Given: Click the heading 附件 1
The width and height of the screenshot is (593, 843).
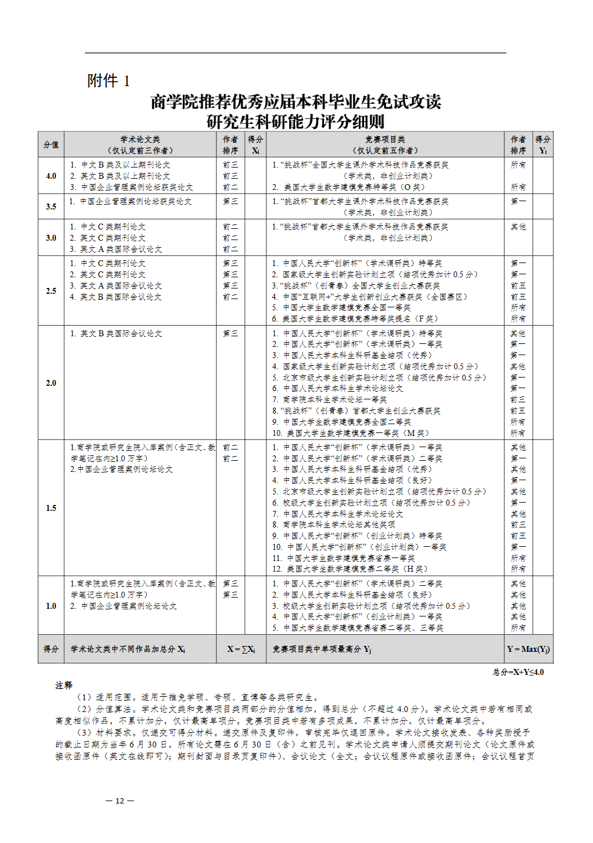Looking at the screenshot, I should [x=108, y=80].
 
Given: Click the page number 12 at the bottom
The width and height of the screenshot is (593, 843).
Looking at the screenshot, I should [x=119, y=801].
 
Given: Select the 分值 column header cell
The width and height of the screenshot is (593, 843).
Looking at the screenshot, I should [x=51, y=145].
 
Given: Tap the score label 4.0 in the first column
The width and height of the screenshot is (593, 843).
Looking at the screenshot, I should [x=51, y=176].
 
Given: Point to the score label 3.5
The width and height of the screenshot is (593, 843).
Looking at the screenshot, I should [x=51, y=206].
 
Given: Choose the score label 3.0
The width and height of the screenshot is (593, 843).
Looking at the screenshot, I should [x=51, y=238].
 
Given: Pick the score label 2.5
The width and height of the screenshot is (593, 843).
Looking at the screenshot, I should [x=51, y=291].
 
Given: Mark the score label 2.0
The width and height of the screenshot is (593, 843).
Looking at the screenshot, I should [x=51, y=383].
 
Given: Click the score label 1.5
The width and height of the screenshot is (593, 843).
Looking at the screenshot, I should [x=51, y=508].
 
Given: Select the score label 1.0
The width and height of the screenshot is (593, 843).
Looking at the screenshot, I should [x=51, y=606].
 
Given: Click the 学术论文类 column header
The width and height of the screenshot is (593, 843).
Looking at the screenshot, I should [x=140, y=145].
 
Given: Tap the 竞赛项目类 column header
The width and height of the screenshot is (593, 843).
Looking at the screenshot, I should [x=385, y=145].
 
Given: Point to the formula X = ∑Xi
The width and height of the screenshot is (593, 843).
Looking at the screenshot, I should [x=241, y=649].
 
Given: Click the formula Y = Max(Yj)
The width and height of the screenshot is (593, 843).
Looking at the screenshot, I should [x=528, y=649].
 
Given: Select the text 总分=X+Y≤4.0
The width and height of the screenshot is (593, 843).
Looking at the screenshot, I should [x=518, y=672].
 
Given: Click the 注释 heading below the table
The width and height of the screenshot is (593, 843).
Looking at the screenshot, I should [x=64, y=685].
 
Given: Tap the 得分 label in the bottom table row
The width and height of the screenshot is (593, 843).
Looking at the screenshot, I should [x=51, y=649].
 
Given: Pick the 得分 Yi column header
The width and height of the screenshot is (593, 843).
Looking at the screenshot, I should [x=543, y=145].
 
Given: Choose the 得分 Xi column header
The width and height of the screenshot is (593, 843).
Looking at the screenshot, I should [x=255, y=145].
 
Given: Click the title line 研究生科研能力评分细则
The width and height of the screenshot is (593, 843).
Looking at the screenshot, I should [x=296, y=122].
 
